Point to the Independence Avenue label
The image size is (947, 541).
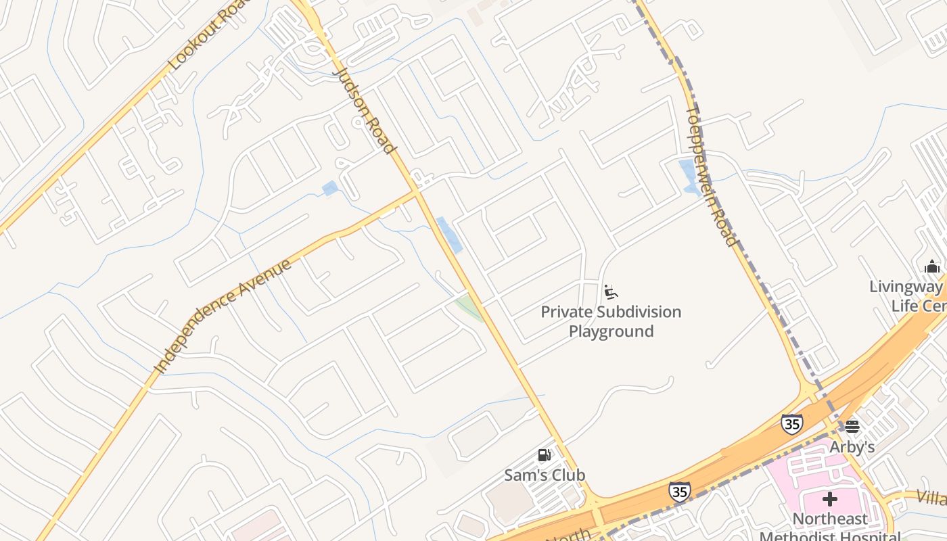pyautogui.click(x=223, y=315)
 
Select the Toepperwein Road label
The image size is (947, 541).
pyautogui.click(x=710, y=176)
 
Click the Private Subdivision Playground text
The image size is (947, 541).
pyautogui.click(x=611, y=321)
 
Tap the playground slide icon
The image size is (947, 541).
pyautogui.click(x=610, y=292)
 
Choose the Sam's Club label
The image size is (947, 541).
pyautogui.click(x=545, y=475)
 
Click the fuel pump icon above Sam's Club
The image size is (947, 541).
pyautogui.click(x=545, y=455)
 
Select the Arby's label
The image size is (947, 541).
pyautogui.click(x=852, y=447)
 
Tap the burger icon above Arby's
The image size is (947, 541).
pyautogui.click(x=852, y=427)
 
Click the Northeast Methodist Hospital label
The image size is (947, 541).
pyautogui.click(x=830, y=527)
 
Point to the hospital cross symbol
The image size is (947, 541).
pyautogui.click(x=830, y=500)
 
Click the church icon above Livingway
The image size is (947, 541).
pyautogui.click(x=932, y=266)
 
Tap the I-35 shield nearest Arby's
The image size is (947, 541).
pyautogui.click(x=791, y=423)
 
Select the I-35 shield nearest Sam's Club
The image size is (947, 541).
pyautogui.click(x=679, y=491)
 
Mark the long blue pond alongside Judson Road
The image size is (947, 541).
pyautogui.click(x=449, y=235)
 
